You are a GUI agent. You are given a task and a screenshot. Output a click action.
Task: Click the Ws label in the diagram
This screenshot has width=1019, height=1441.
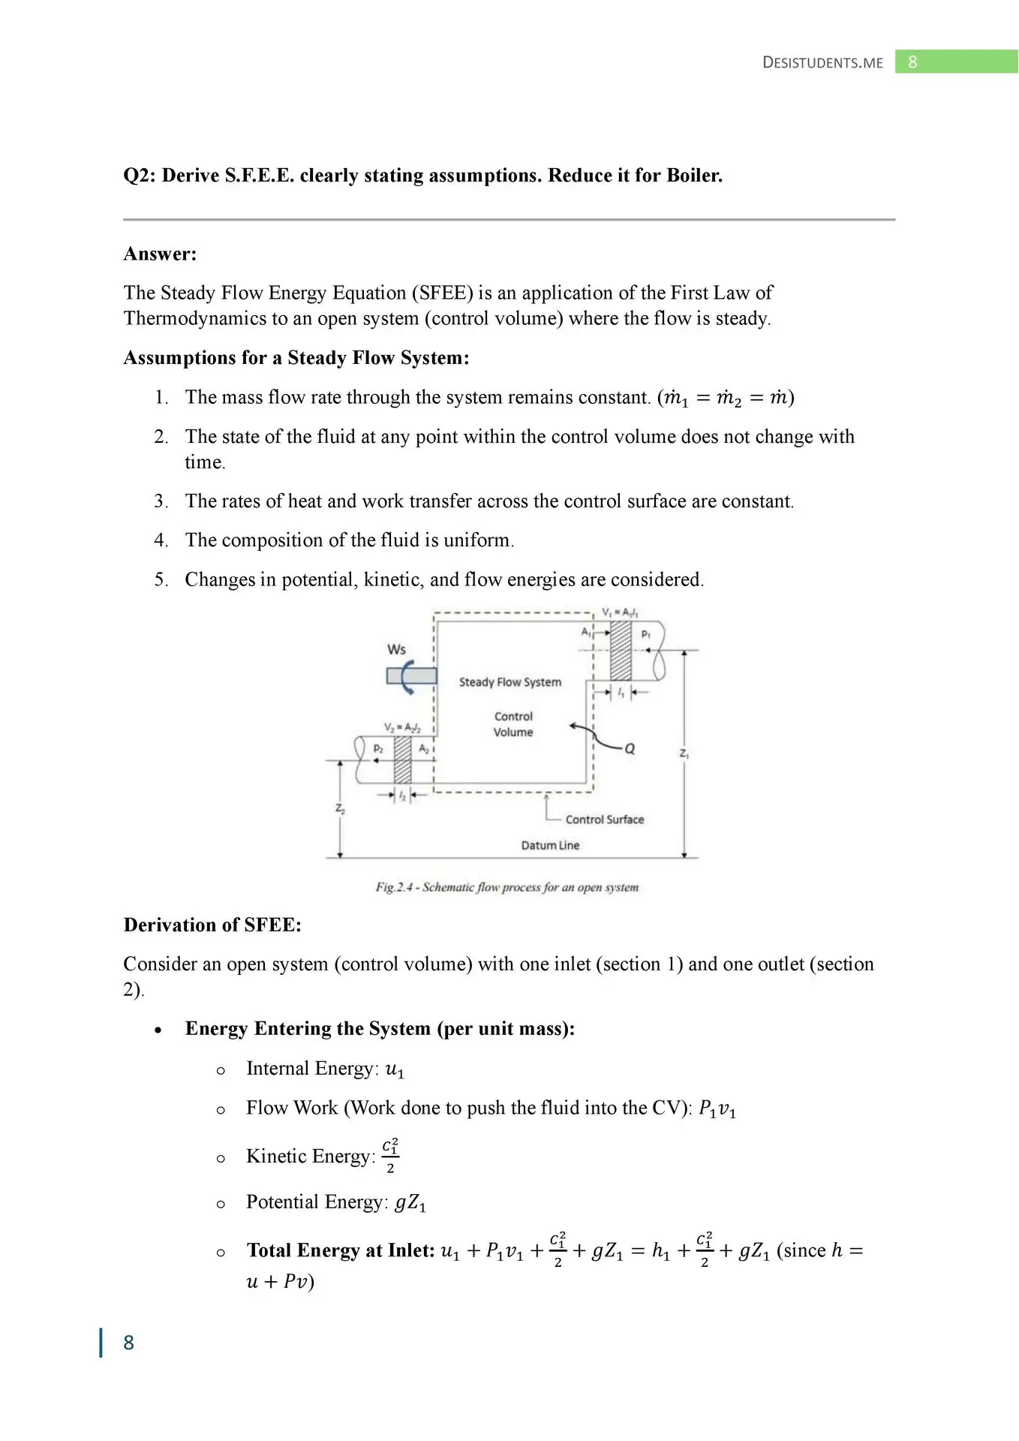396,649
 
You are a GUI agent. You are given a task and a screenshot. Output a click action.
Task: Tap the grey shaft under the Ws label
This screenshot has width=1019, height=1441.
411,676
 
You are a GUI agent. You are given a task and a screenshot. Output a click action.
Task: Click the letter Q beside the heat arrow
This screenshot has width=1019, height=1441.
630,748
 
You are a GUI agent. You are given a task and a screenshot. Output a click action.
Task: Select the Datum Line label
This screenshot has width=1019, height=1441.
550,845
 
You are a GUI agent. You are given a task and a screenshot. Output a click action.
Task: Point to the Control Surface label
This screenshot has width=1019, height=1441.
604,820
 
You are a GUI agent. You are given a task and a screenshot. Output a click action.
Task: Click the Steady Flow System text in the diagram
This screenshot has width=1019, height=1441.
509,682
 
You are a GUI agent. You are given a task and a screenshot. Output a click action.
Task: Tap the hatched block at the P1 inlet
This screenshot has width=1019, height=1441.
621,650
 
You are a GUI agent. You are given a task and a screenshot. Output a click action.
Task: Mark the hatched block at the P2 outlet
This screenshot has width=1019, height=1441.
402,760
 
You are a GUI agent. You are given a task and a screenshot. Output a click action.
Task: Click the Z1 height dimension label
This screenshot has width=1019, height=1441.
684,753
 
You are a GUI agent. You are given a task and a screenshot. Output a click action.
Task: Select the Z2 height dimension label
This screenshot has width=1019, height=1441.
340,809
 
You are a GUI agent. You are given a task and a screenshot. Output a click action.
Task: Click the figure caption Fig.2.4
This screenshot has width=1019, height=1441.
507,887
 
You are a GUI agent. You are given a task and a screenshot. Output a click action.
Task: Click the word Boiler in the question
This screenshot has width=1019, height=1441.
694,176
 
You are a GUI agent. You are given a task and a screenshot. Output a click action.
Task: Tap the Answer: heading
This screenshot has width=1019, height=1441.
160,254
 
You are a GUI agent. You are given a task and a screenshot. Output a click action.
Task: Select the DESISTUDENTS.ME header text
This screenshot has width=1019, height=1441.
822,62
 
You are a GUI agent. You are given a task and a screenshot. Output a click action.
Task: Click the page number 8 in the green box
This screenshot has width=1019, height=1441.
912,62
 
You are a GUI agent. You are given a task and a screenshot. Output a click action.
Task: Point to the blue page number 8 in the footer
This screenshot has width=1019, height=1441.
128,1343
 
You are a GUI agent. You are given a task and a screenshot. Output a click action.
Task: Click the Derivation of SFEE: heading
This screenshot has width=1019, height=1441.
212,925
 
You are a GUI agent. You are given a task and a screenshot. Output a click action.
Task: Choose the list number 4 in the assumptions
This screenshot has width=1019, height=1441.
161,540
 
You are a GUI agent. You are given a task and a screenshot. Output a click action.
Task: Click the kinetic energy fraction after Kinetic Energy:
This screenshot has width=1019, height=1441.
390,1157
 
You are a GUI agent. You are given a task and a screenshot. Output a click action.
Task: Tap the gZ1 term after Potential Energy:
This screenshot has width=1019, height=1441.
410,1203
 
